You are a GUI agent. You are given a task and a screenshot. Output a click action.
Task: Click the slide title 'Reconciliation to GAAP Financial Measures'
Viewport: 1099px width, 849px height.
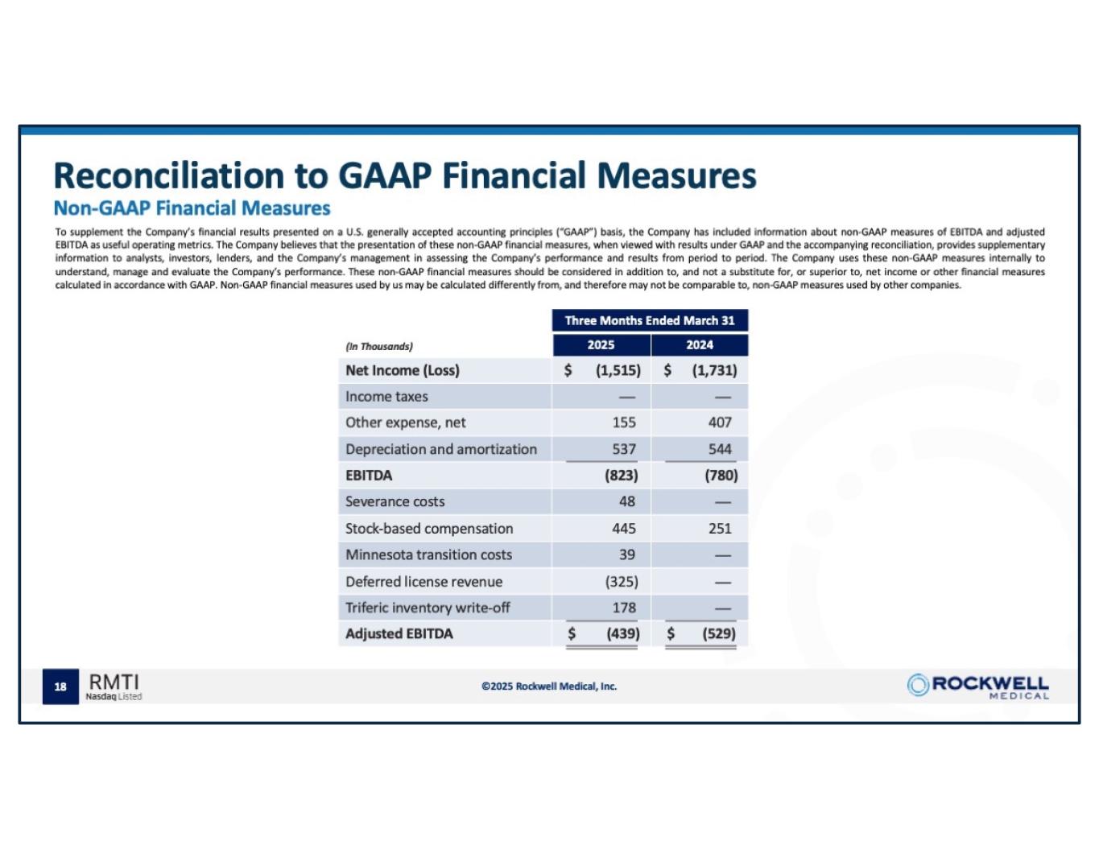click(x=404, y=175)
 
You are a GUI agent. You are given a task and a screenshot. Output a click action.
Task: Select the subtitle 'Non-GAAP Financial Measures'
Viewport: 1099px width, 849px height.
click(x=192, y=208)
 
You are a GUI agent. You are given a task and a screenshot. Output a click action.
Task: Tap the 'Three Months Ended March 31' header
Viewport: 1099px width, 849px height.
click(x=650, y=320)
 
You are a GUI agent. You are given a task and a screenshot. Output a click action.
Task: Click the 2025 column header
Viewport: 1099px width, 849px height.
click(x=601, y=344)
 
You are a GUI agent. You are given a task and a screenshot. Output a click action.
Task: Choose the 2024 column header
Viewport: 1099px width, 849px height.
click(x=699, y=344)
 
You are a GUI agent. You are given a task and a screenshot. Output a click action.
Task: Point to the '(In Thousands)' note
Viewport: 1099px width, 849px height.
click(x=378, y=346)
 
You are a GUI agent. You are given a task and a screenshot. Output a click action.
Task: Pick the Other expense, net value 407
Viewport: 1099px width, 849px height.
click(x=719, y=422)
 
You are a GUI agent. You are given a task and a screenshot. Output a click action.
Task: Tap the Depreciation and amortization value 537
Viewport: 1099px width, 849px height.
click(x=623, y=449)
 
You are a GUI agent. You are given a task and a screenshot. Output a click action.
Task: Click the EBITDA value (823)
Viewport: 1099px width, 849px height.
click(x=621, y=475)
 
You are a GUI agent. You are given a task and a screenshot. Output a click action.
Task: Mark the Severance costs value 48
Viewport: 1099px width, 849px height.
click(x=626, y=501)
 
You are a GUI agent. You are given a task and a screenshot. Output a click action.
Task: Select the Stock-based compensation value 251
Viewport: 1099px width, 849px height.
click(x=719, y=528)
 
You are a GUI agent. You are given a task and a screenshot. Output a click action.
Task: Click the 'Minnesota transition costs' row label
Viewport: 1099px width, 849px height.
click(x=428, y=554)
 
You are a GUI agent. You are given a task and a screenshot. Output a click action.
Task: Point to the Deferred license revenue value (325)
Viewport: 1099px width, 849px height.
click(x=621, y=581)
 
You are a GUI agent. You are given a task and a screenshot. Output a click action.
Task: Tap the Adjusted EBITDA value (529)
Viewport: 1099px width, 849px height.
click(x=718, y=633)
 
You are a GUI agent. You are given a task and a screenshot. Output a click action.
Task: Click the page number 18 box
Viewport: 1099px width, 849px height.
click(x=60, y=686)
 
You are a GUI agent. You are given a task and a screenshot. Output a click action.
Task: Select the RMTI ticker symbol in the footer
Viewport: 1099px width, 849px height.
click(x=114, y=682)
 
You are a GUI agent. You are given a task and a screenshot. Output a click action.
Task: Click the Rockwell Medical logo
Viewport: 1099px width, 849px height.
click(x=977, y=686)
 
